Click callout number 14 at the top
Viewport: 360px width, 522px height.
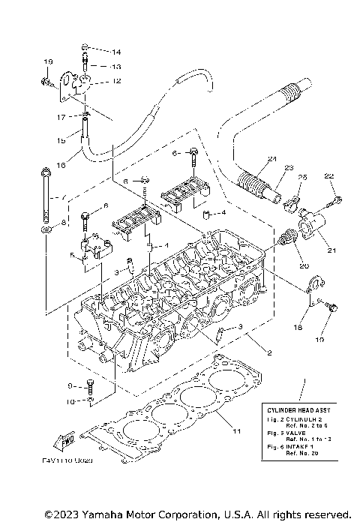click(x=116, y=52)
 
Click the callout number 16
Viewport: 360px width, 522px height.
click(x=62, y=163)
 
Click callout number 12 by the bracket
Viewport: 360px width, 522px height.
click(x=116, y=80)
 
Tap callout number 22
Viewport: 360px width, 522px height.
click(x=328, y=175)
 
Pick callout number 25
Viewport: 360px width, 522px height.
click(x=303, y=177)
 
